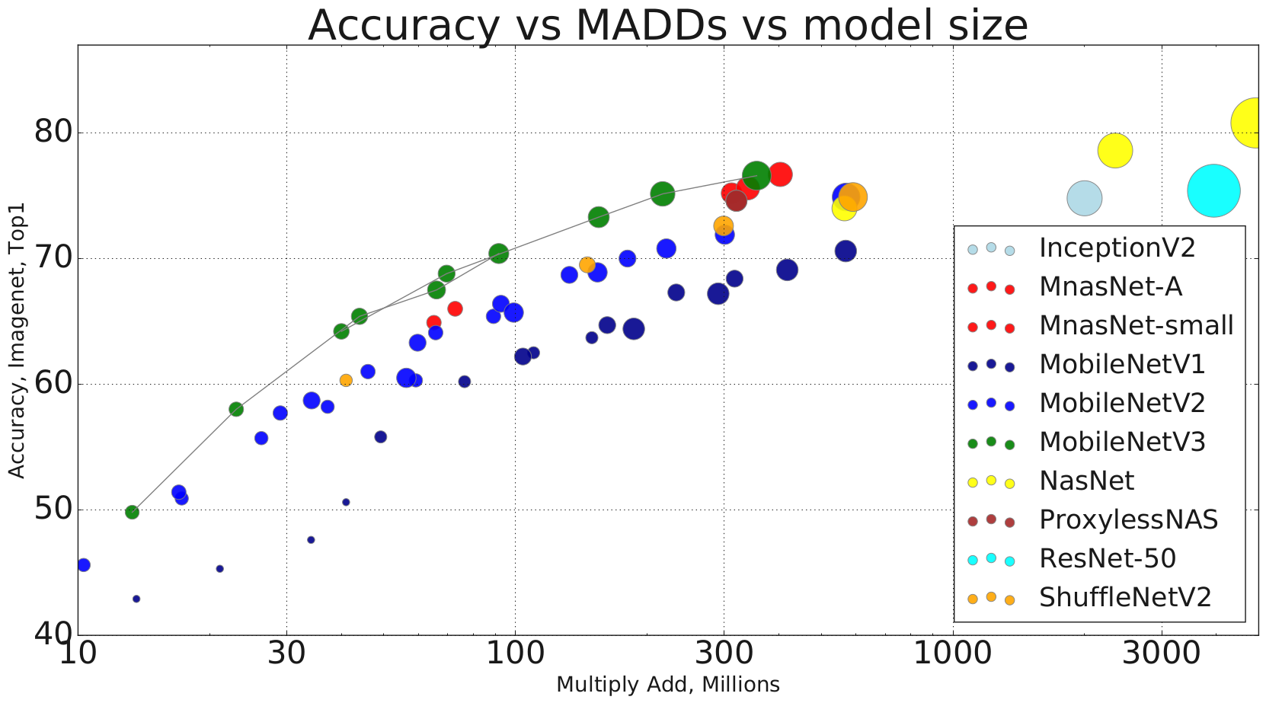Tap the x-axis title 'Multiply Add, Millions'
pos(667,685)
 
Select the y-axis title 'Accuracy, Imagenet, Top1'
pos(17,340)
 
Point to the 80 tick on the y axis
pos(53,133)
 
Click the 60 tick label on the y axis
pos(53,384)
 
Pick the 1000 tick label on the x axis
pos(953,653)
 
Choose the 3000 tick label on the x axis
pos(1162,653)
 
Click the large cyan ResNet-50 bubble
pos(1213,190)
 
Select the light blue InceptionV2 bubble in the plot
pos(1084,199)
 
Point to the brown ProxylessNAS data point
pos(736,201)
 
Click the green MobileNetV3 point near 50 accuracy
pos(132,512)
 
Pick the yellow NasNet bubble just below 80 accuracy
pos(1115,150)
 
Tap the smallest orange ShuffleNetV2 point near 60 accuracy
pos(346,380)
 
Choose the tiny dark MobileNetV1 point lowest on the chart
pos(136,599)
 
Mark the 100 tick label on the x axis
pos(515,653)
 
